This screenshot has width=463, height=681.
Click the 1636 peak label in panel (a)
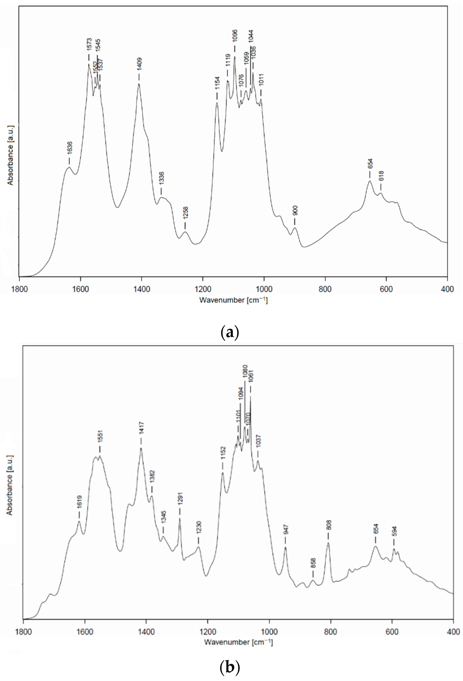click(x=69, y=149)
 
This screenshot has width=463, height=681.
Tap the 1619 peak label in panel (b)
click(x=79, y=502)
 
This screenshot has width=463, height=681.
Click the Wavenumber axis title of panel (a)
click(x=233, y=300)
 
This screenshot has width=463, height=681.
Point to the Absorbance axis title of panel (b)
click(x=10, y=485)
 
